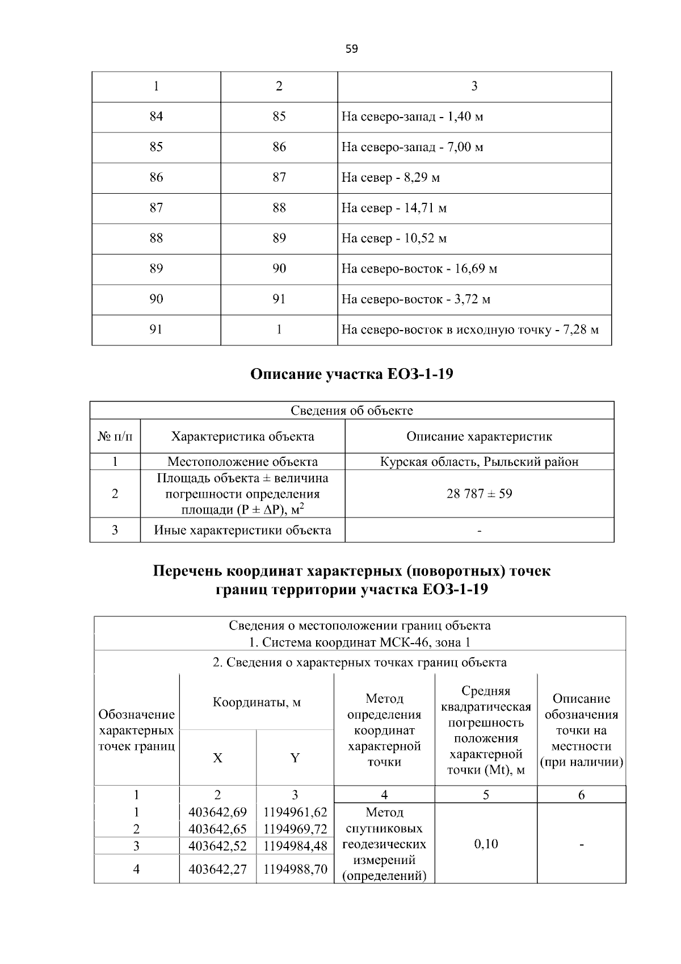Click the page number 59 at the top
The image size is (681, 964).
(351, 49)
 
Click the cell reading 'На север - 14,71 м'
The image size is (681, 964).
(394, 208)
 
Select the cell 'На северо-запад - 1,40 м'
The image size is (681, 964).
(412, 117)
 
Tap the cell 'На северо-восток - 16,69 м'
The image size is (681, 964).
(419, 269)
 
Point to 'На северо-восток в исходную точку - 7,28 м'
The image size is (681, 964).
(470, 329)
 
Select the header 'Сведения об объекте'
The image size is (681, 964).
(352, 410)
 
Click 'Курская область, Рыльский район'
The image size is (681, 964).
(479, 461)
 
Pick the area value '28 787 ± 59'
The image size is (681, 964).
(479, 494)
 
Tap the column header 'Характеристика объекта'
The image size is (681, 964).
(242, 436)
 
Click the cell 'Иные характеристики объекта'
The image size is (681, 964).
(242, 530)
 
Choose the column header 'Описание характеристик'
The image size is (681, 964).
(479, 436)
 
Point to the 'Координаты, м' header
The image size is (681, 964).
(257, 702)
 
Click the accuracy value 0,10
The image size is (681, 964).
(486, 844)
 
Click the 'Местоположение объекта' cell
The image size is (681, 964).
(242, 461)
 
